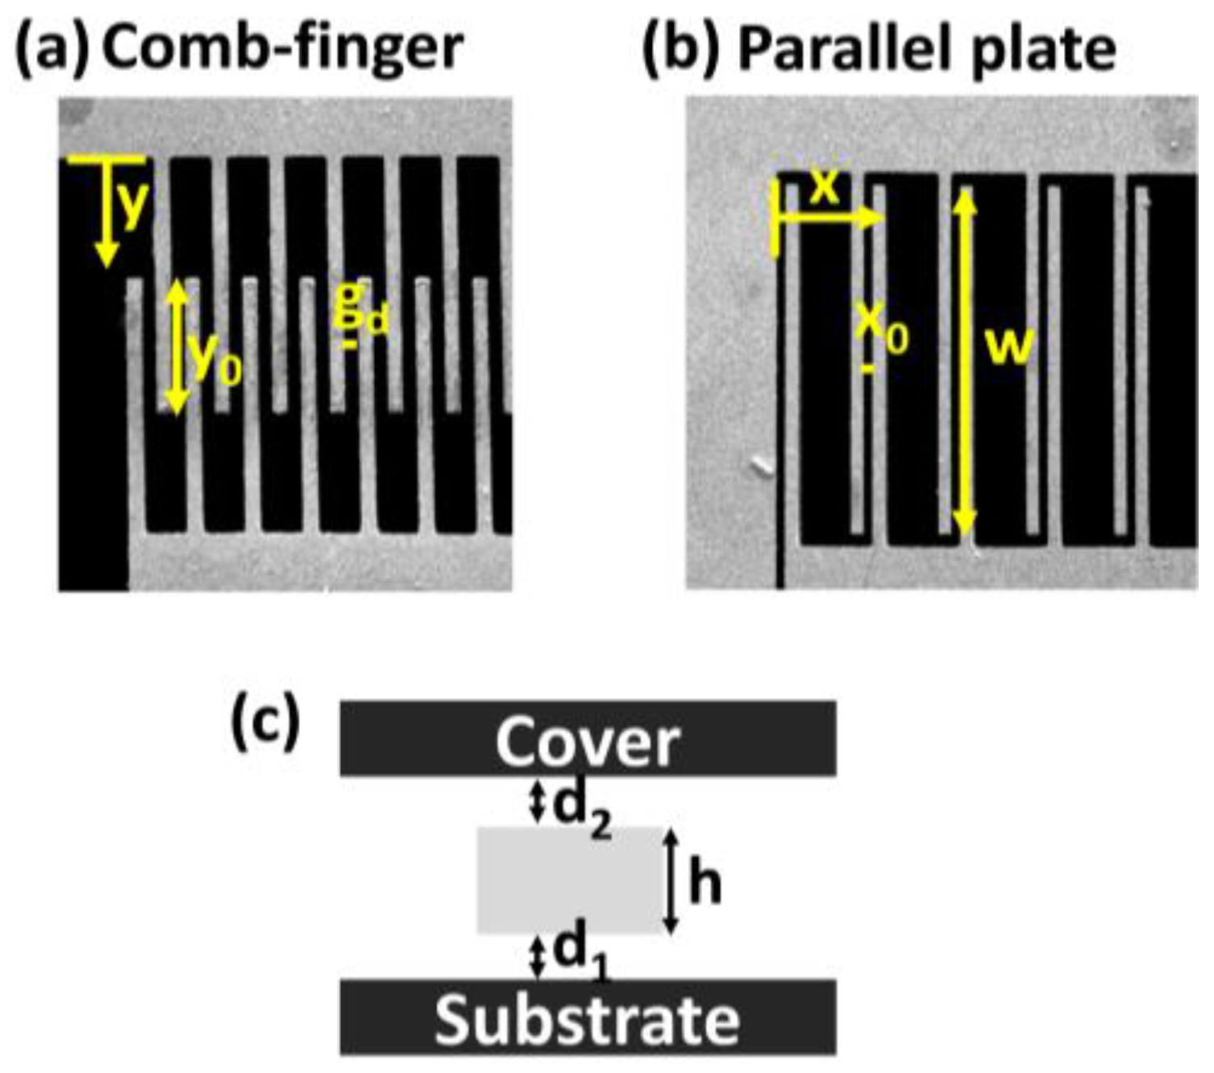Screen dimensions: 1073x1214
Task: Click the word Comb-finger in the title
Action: pyautogui.click(x=282, y=48)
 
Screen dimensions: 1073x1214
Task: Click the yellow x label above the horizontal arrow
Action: pyautogui.click(x=824, y=189)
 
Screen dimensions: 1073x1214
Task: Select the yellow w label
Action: pyautogui.click(x=1010, y=347)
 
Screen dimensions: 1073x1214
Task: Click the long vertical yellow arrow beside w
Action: pyautogui.click(x=965, y=363)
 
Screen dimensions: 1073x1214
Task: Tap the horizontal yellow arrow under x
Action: pyautogui.click(x=830, y=218)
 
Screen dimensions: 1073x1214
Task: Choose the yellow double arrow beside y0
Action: pyautogui.click(x=177, y=347)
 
